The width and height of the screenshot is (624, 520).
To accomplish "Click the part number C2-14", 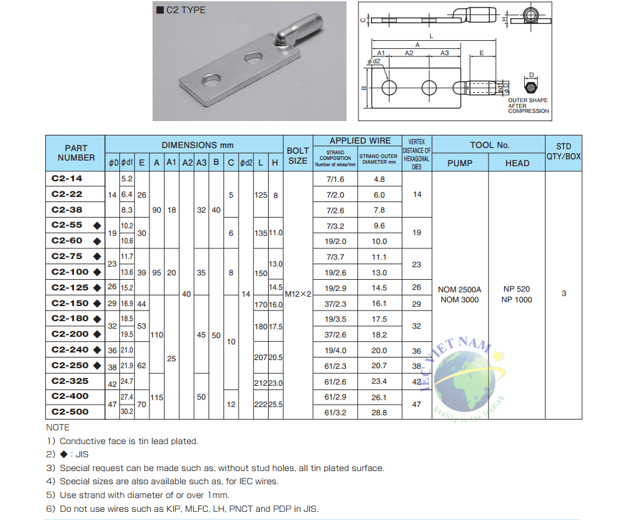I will coord(67,179).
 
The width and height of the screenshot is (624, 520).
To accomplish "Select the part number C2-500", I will coord(70,412).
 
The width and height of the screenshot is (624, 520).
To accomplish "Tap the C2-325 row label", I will coord(70,381).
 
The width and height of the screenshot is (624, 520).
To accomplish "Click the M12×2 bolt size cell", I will coord(298,294).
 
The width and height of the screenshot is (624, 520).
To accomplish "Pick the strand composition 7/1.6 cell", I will coord(335,179).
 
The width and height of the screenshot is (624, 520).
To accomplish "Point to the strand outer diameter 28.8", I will coord(379,413).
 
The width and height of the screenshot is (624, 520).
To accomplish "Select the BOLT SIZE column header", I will coord(298,156).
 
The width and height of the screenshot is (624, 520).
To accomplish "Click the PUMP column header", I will coord(460,163).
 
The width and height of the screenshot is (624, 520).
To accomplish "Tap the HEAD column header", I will coord(517,163).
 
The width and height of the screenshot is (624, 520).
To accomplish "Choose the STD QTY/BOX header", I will coord(563,152).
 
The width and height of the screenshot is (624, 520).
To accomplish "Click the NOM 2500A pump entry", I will coord(460,289).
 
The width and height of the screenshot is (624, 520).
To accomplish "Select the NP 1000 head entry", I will coord(517,300).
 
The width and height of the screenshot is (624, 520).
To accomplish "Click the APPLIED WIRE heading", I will coord(360,141).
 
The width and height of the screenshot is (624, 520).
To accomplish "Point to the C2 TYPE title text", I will coord(185,10).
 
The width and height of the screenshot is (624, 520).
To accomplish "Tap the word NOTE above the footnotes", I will coord(58,427).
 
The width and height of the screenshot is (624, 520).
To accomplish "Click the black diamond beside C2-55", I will coord(97,225).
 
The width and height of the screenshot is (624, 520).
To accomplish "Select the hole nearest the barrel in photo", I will coord(254,58).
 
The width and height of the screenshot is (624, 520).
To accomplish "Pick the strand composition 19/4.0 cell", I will coord(335,351).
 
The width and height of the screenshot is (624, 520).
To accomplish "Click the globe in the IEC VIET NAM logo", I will coord(463,376).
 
